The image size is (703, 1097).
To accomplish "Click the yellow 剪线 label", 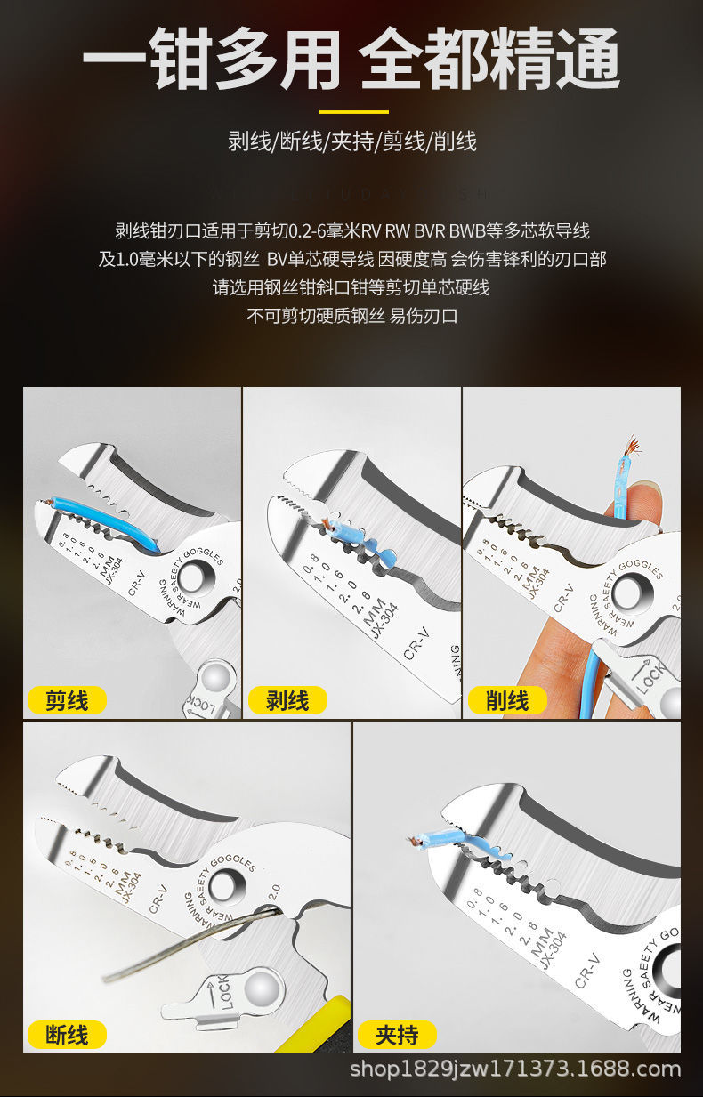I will (x=68, y=700).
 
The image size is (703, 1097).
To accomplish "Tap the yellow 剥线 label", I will (x=287, y=700).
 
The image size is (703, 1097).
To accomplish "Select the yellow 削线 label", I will (x=507, y=700).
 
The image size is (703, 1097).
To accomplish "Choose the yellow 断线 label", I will (x=68, y=1035).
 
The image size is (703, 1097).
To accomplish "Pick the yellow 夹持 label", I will (x=397, y=1035).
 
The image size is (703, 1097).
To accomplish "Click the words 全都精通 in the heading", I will (x=489, y=60).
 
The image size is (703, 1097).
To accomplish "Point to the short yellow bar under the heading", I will (x=353, y=112).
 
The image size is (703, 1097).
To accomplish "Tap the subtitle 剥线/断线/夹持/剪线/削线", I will (x=352, y=141).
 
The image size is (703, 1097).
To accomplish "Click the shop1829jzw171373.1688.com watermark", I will (x=515, y=1069).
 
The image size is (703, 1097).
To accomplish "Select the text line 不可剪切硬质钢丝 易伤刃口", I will (x=352, y=316).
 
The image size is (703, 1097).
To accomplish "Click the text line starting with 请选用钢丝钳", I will (x=352, y=287).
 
